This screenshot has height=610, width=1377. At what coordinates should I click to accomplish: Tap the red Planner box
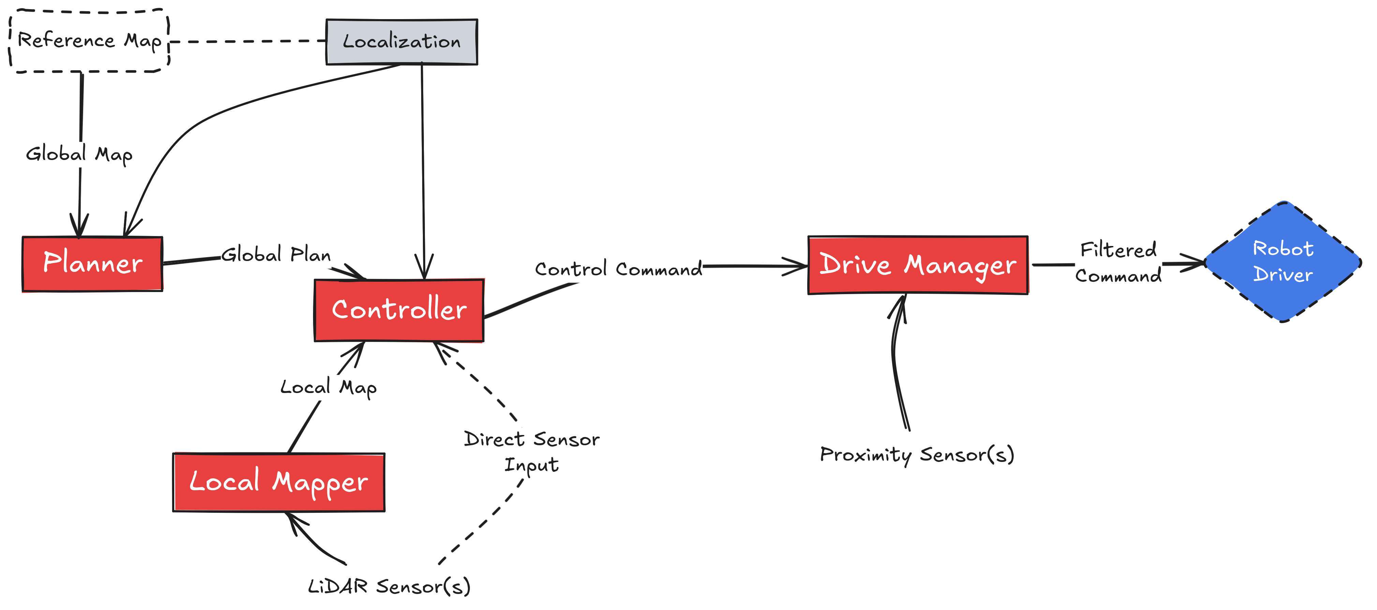point(92,264)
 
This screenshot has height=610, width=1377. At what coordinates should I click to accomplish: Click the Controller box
point(399,309)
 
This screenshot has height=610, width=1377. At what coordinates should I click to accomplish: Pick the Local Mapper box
point(279,482)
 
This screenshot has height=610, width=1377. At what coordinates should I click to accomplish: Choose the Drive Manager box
point(918,265)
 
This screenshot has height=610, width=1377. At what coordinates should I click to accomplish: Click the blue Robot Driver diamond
point(1283,261)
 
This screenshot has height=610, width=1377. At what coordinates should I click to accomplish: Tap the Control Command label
point(619,269)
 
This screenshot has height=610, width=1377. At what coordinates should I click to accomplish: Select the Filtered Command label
point(1118,262)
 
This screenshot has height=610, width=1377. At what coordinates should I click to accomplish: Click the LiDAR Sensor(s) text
point(389,586)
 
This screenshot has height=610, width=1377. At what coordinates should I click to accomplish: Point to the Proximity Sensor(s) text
point(917,455)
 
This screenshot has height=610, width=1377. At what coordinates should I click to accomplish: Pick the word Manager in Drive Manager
point(960,266)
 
